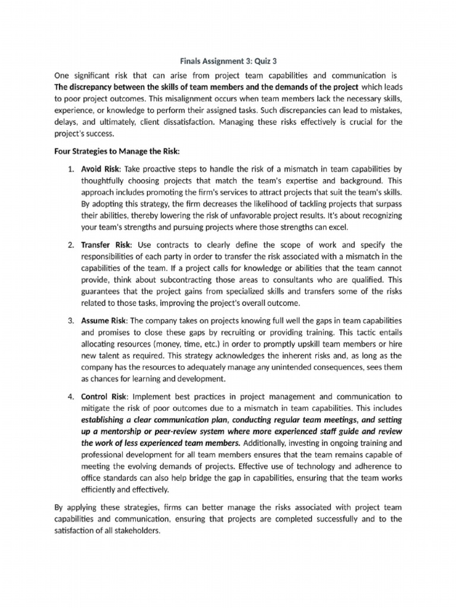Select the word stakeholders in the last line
click(x=137, y=531)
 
